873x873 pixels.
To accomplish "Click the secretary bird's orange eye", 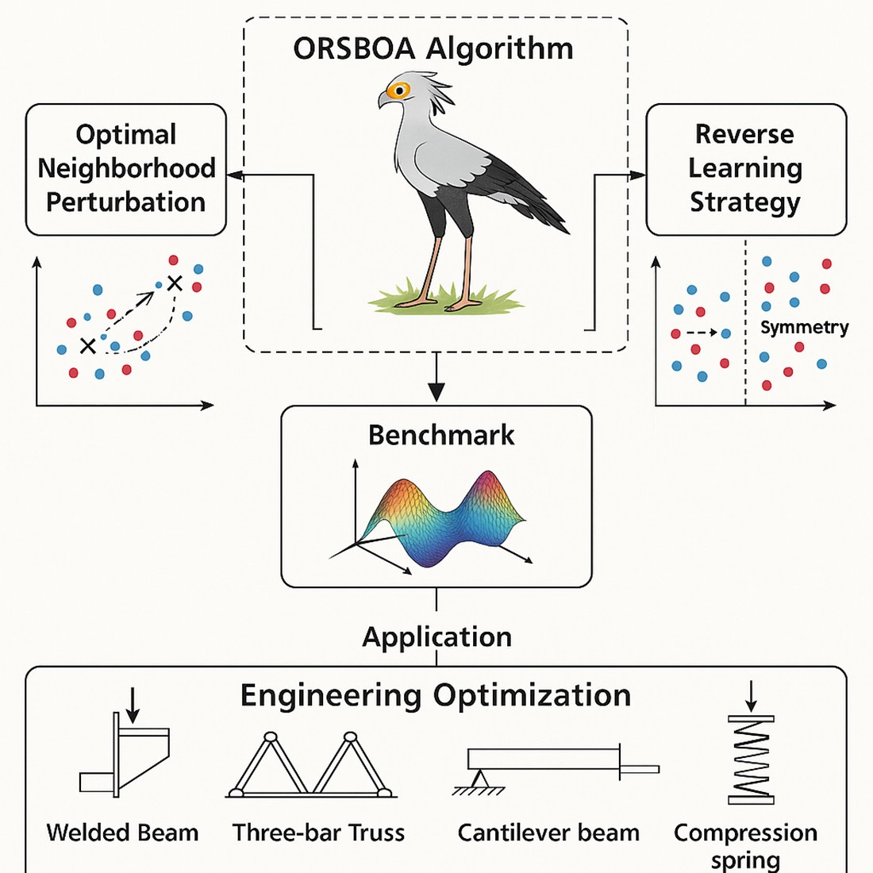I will pos(398,90).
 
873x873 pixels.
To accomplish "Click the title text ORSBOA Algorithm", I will pos(433,49).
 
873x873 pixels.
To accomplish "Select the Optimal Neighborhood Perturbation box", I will pos(126,169).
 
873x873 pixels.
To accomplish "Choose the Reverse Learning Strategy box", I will pos(745,169).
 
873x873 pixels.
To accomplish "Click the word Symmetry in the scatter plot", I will pos(804,327).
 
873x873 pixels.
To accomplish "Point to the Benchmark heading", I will pos(441,435).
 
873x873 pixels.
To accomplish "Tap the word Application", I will pos(436,637).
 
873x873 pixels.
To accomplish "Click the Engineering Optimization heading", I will pos(436,695).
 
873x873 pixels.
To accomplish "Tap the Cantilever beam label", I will pos(548,833).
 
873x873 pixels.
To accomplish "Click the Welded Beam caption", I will pos(122,833).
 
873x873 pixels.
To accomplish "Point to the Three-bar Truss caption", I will pos(318,833).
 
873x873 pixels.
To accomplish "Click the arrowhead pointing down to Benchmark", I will pos(436,391).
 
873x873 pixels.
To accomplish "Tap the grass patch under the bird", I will pos(444,300).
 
